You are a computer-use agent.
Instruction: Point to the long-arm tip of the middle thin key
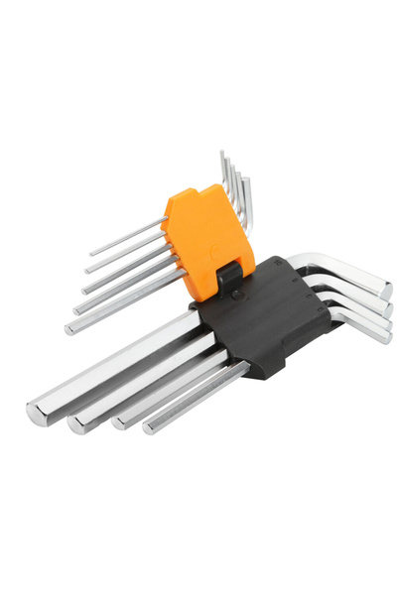84,288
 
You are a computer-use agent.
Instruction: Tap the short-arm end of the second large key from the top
387,309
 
